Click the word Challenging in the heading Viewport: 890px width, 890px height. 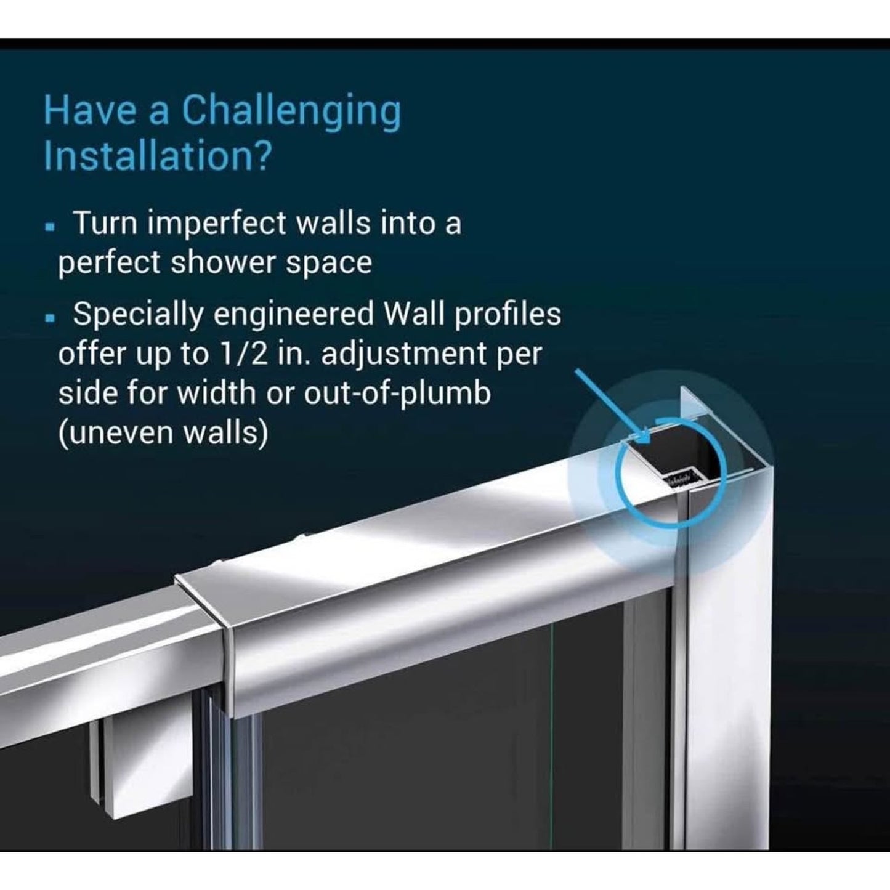tap(291, 111)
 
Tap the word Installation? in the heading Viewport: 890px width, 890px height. tap(156, 156)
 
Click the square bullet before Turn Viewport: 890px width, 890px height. tap(51, 227)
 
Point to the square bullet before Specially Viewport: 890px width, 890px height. tap(51, 318)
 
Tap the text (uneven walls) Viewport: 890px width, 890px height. tap(163, 433)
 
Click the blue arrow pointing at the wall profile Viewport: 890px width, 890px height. tap(612, 402)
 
